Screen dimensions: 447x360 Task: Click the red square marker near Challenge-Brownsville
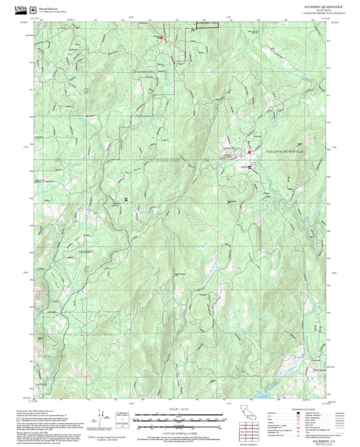[x=249, y=153]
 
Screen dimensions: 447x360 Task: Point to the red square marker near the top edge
[x=161, y=37]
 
